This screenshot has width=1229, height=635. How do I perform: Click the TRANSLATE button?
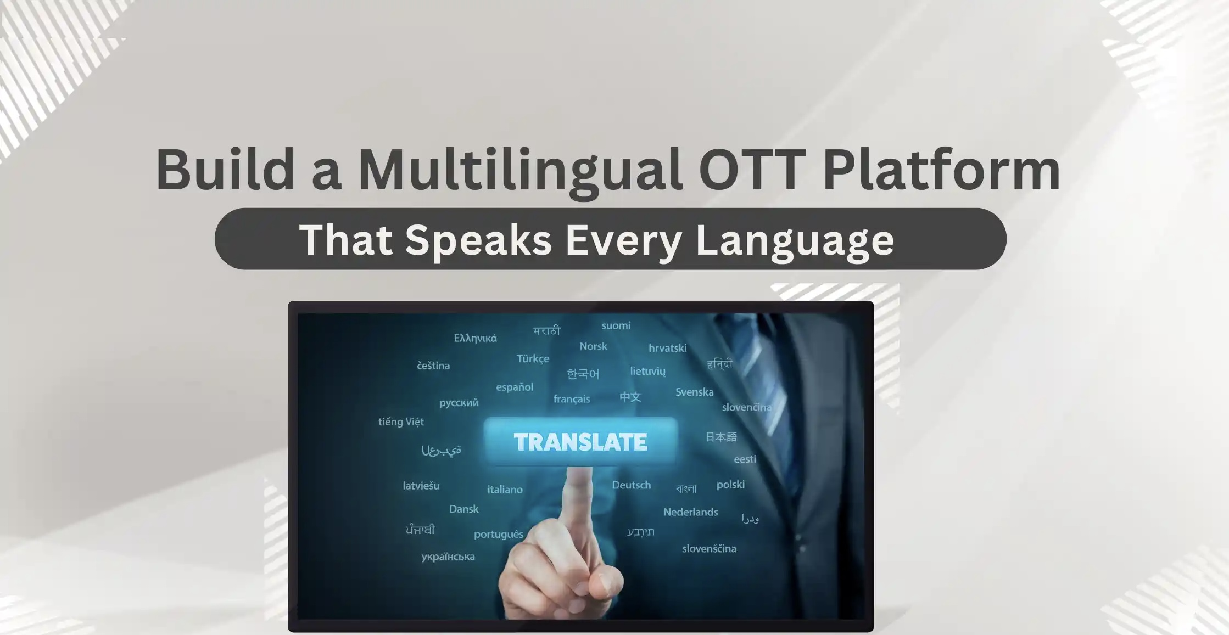click(x=580, y=442)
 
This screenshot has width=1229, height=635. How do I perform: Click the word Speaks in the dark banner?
click(x=478, y=240)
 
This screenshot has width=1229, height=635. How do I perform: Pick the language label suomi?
click(x=616, y=325)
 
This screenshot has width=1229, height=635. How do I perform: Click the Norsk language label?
click(x=594, y=346)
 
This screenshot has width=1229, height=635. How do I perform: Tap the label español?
click(x=515, y=387)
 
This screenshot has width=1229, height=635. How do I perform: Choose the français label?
click(x=572, y=399)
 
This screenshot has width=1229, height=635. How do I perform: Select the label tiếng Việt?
click(x=401, y=422)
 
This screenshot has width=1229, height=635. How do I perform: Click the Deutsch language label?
click(x=632, y=485)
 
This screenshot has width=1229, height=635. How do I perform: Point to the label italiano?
click(x=505, y=490)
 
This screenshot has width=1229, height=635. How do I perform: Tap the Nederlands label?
click(x=691, y=512)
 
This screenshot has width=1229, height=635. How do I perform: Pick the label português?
click(x=499, y=535)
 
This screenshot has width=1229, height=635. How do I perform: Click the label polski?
click(x=730, y=485)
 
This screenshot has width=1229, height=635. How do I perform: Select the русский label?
click(x=459, y=403)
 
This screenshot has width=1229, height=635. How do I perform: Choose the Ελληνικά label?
click(x=475, y=338)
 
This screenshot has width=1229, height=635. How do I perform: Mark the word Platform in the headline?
click(x=941, y=170)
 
